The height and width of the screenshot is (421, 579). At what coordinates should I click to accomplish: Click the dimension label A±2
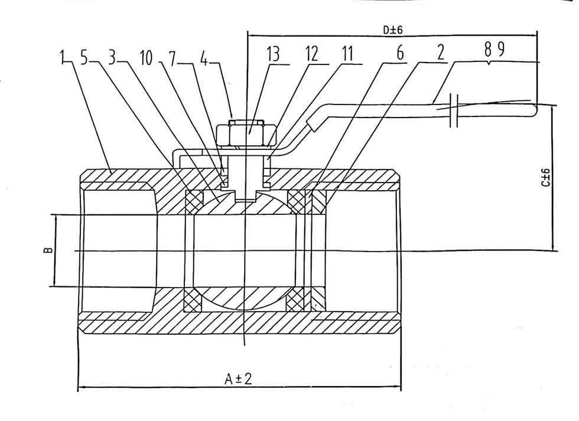pos(238,378)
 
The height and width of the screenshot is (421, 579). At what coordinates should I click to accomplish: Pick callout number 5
pos(85,57)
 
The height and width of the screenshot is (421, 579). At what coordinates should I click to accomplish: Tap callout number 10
pos(146,57)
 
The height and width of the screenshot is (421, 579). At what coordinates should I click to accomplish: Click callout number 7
pos(173,57)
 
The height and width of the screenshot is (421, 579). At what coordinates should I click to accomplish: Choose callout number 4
pos(203,57)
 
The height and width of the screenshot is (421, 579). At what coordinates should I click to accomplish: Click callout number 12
pos(311,55)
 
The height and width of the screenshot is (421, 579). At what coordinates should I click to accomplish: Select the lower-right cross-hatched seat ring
pos(297,301)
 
